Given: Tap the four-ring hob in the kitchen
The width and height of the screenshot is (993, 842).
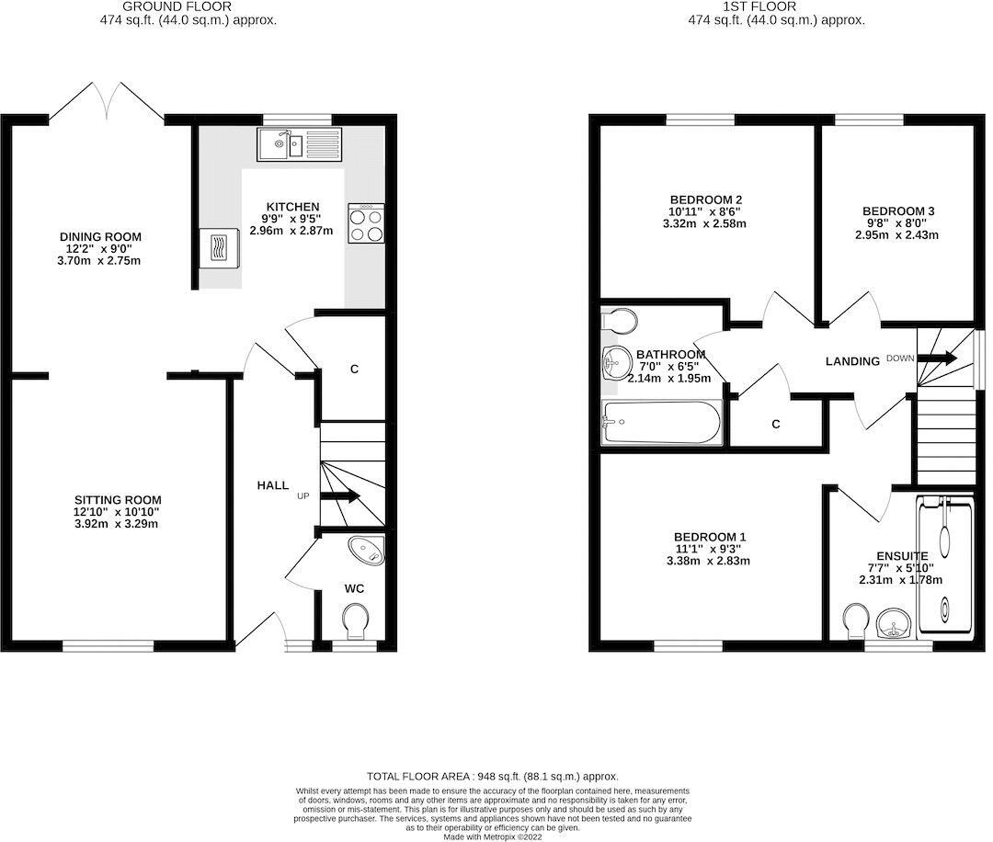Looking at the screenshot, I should [366, 222].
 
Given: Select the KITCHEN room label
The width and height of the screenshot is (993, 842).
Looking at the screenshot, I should [292, 207].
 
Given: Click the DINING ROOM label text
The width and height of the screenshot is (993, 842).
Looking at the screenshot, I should [101, 237].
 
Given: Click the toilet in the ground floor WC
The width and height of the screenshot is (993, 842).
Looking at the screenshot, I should [353, 622].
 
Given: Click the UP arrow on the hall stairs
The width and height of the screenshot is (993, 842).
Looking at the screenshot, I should [340, 496].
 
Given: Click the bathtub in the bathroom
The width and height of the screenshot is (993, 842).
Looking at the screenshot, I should [659, 423].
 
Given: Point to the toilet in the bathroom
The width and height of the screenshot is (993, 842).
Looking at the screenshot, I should [622, 321].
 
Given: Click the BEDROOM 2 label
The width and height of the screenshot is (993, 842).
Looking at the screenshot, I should [705, 199].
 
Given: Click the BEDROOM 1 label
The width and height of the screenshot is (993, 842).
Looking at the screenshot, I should [710, 537].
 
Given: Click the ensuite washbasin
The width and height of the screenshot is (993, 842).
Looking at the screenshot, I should [893, 628].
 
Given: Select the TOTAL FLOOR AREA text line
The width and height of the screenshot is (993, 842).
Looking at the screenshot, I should [492, 776].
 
